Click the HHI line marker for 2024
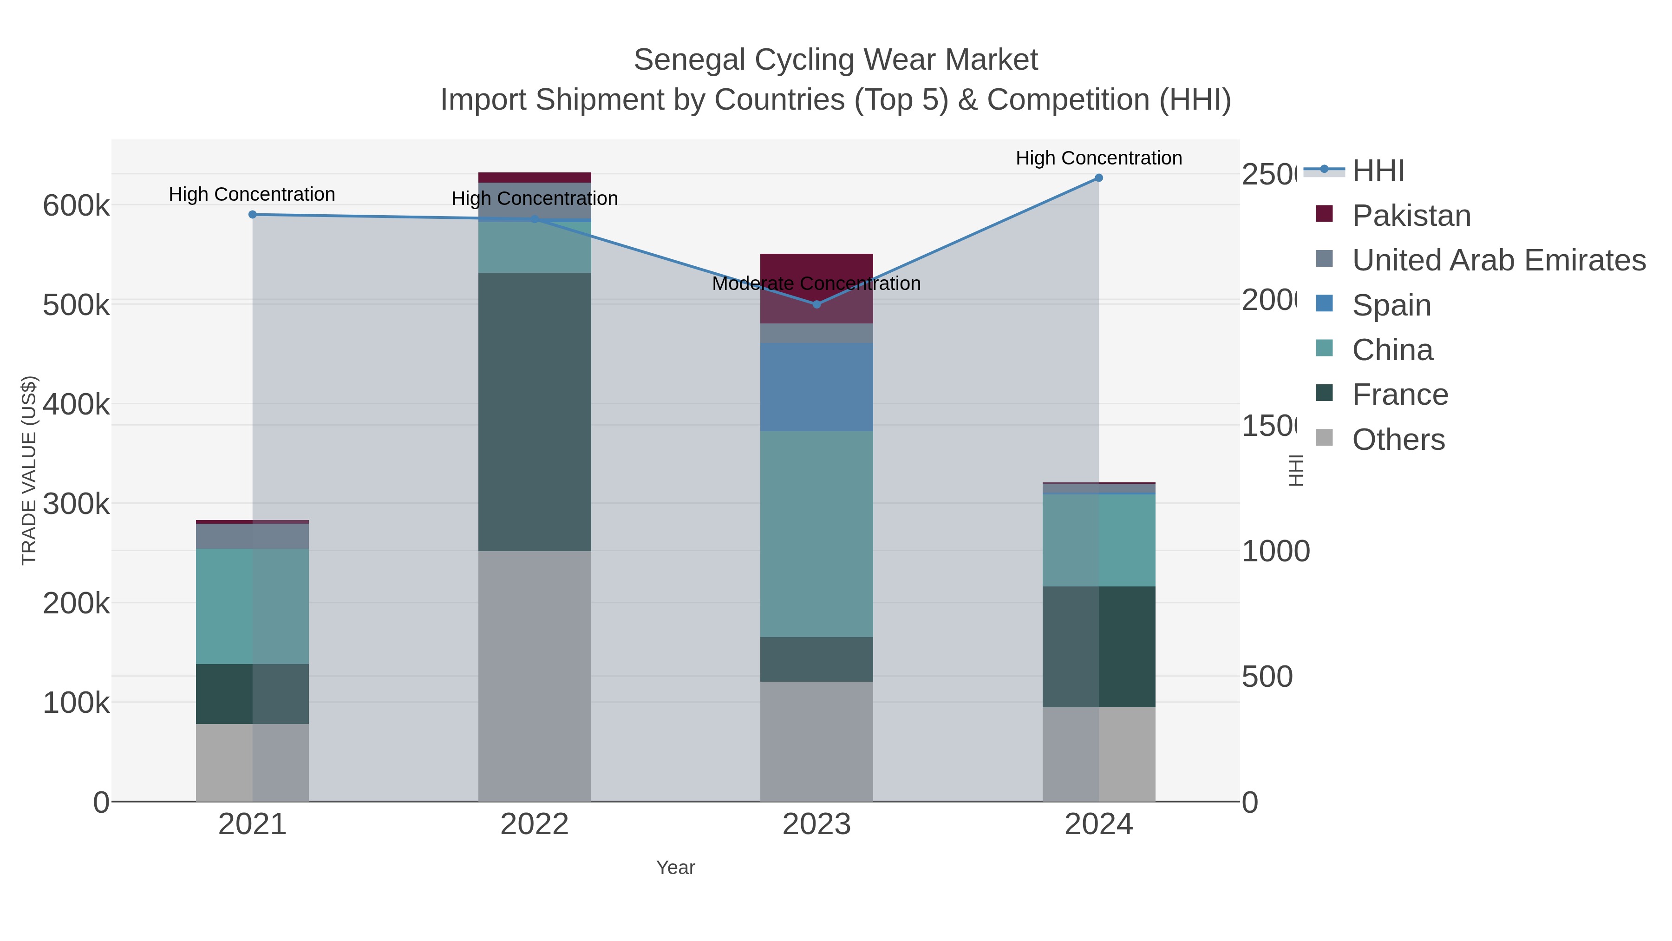[1098, 178]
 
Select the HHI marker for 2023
[816, 304]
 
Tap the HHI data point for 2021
[253, 214]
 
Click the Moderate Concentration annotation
[816, 284]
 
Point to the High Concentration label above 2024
[1098, 158]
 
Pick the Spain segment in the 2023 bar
[816, 387]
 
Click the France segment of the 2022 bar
[534, 412]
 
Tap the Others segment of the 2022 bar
[534, 675]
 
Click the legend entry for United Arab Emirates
[1498, 260]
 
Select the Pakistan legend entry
[1411, 215]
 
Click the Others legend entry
[1398, 439]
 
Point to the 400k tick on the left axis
[76, 405]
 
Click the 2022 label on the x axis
[534, 825]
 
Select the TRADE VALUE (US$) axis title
[29, 470]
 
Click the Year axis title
[675, 868]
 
